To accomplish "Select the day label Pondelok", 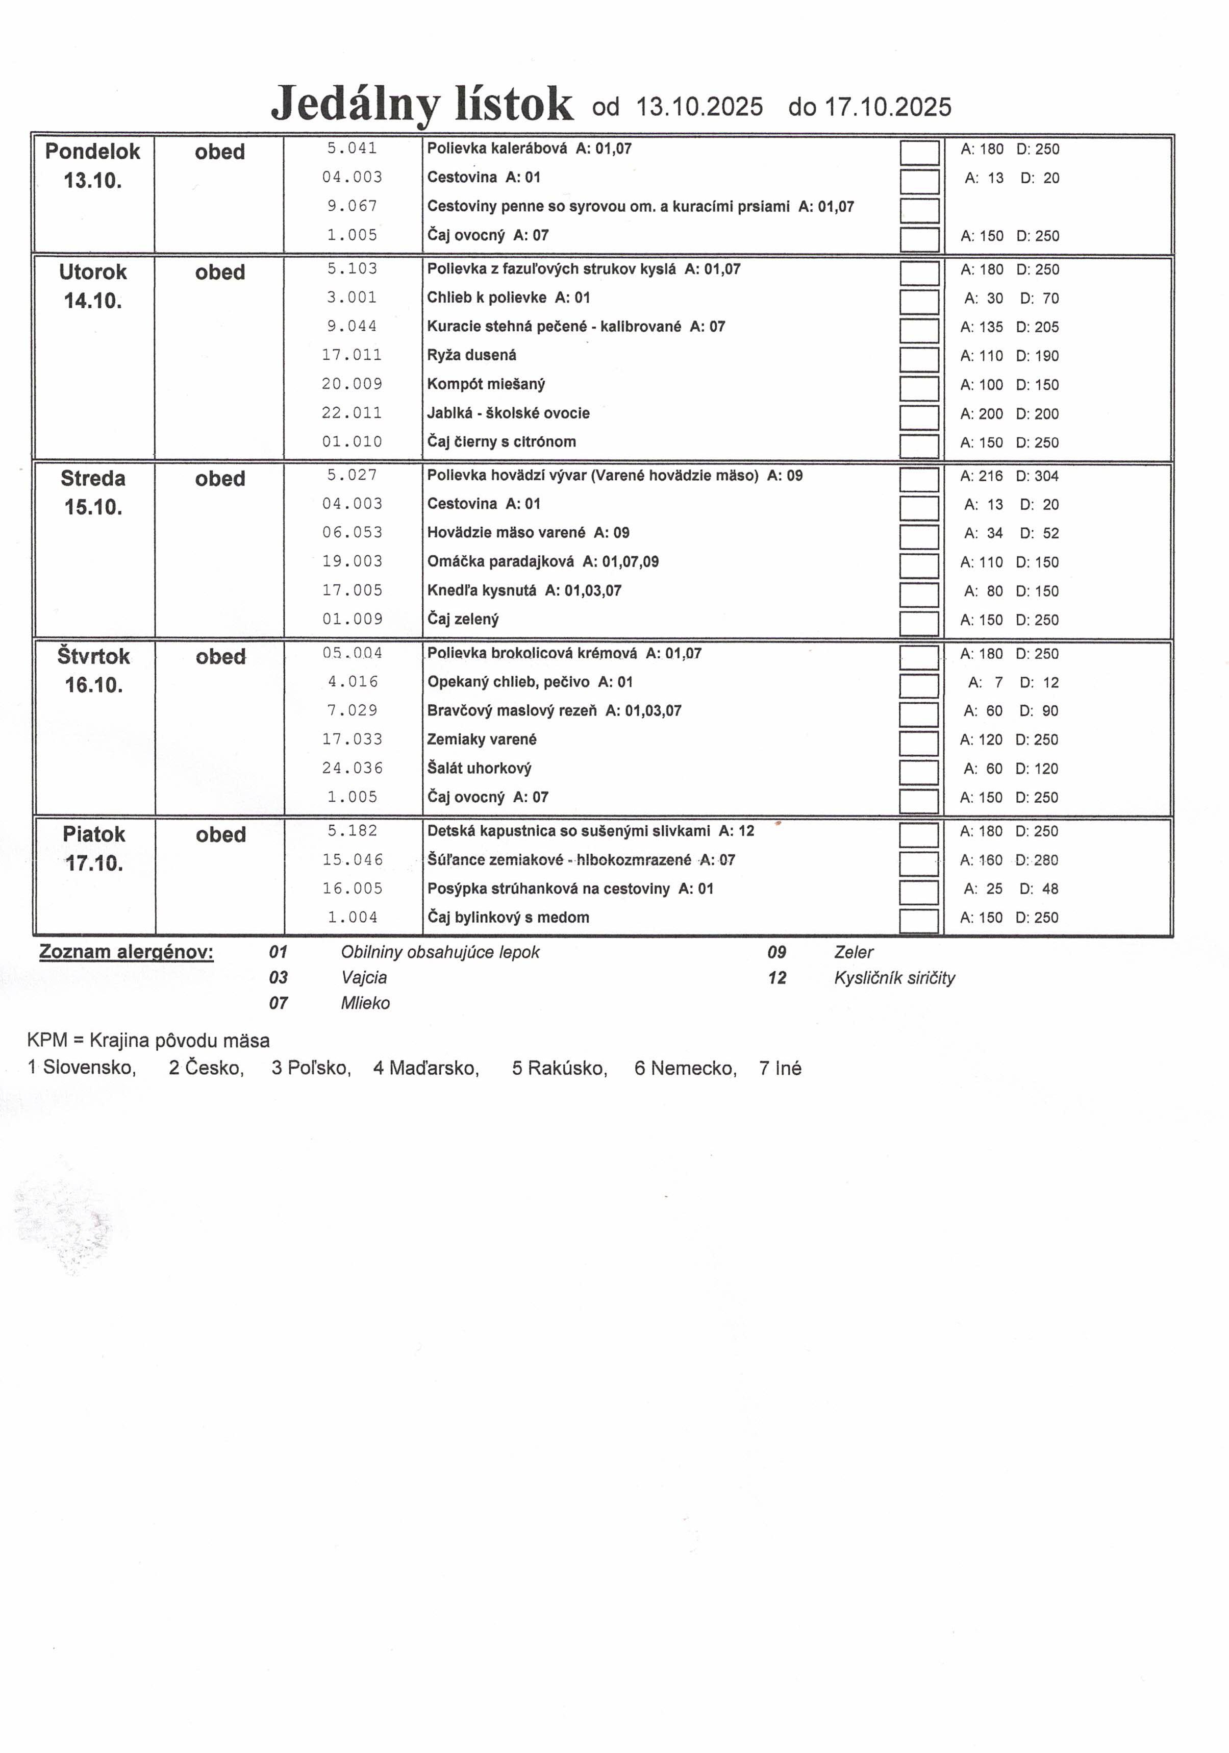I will pos(92,151).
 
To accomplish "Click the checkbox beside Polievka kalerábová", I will pos(919,152).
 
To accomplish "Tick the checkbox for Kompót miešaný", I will pos(919,388).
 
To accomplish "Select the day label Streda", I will pos(92,479).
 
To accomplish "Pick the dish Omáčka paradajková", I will pos(500,562).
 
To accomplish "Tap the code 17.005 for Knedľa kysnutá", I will pos(352,590).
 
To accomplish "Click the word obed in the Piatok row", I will pos(220,834).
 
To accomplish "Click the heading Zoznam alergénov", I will pos(126,952).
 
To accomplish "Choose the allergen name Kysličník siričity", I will pos(894,978).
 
